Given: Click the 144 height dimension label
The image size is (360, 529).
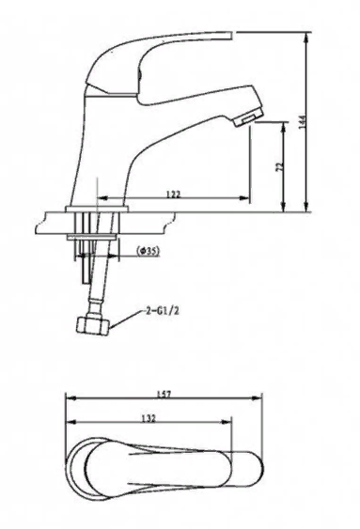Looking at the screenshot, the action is click(303, 121).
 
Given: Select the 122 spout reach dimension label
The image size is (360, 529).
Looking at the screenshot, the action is click(174, 194).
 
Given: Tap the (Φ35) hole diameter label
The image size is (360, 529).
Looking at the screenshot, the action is click(148, 251).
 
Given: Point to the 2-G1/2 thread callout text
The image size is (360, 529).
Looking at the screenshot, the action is click(162, 311).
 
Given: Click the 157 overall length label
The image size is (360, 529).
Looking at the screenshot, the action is click(164, 394).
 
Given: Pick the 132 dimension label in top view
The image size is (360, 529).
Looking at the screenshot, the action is click(149, 418).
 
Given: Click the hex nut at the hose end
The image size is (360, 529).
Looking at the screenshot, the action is click(93, 326).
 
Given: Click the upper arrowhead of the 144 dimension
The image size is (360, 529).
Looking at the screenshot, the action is click(306, 37).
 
